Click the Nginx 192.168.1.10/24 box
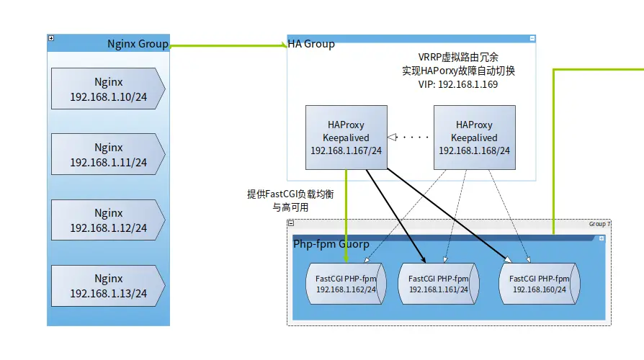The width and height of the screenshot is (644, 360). click(108, 89)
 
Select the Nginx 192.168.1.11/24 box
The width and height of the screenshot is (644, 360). click(108, 154)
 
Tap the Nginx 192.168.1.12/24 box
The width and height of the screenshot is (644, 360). click(108, 220)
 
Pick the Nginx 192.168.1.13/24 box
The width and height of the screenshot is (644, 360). click(108, 286)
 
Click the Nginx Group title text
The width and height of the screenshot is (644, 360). click(138, 44)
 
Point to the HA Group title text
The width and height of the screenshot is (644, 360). click(311, 44)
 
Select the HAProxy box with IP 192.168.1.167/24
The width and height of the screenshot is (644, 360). click(346, 138)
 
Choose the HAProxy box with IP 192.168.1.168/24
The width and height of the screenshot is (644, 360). click(475, 138)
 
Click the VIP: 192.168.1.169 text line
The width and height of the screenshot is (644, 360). click(458, 84)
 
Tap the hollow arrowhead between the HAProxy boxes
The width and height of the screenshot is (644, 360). click(392, 137)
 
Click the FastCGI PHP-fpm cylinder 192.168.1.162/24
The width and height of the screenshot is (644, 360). click(346, 284)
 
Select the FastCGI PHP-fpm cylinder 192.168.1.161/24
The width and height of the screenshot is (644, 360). click(438, 284)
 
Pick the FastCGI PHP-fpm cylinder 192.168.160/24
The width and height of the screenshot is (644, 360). click(540, 284)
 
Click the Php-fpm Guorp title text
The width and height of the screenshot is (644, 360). click(331, 244)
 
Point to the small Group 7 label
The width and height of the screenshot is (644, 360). click(599, 224)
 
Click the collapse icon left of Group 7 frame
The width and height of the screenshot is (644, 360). click(291, 223)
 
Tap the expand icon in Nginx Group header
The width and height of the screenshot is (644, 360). click(51, 38)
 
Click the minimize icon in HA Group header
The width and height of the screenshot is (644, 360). click(532, 39)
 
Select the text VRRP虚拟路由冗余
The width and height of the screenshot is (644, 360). click(458, 57)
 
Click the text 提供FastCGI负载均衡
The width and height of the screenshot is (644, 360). click(290, 194)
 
